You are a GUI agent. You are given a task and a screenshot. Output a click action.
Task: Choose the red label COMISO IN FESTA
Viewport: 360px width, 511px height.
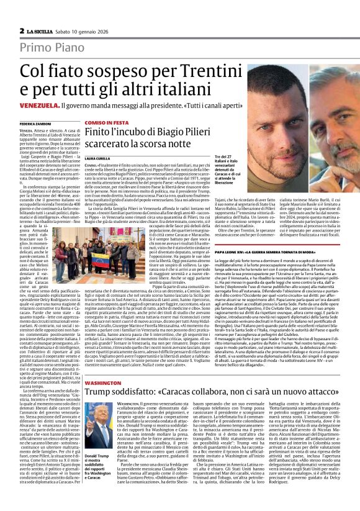click(103, 124)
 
